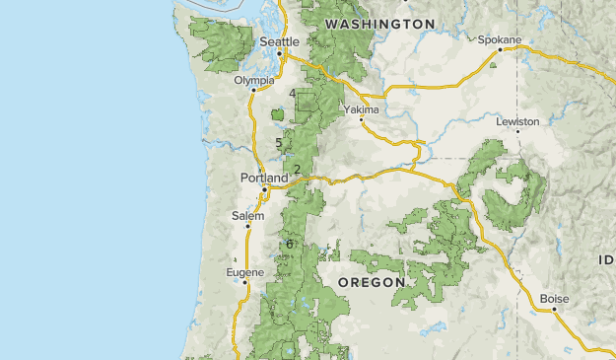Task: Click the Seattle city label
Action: click(280, 41)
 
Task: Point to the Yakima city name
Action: click(361, 109)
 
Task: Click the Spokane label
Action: click(499, 40)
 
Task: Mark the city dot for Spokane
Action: click(500, 49)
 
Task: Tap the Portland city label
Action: click(264, 178)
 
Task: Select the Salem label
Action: click(248, 215)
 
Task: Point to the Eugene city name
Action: click(244, 271)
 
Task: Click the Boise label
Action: click(555, 299)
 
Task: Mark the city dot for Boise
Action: click(554, 309)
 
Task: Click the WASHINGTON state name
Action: click(379, 23)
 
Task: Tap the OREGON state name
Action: click(372, 282)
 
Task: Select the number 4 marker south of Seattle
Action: click(293, 94)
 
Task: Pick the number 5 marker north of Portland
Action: click(279, 143)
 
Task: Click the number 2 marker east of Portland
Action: click(297, 170)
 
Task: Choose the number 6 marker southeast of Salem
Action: click(290, 244)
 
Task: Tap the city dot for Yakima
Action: click(362, 119)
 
